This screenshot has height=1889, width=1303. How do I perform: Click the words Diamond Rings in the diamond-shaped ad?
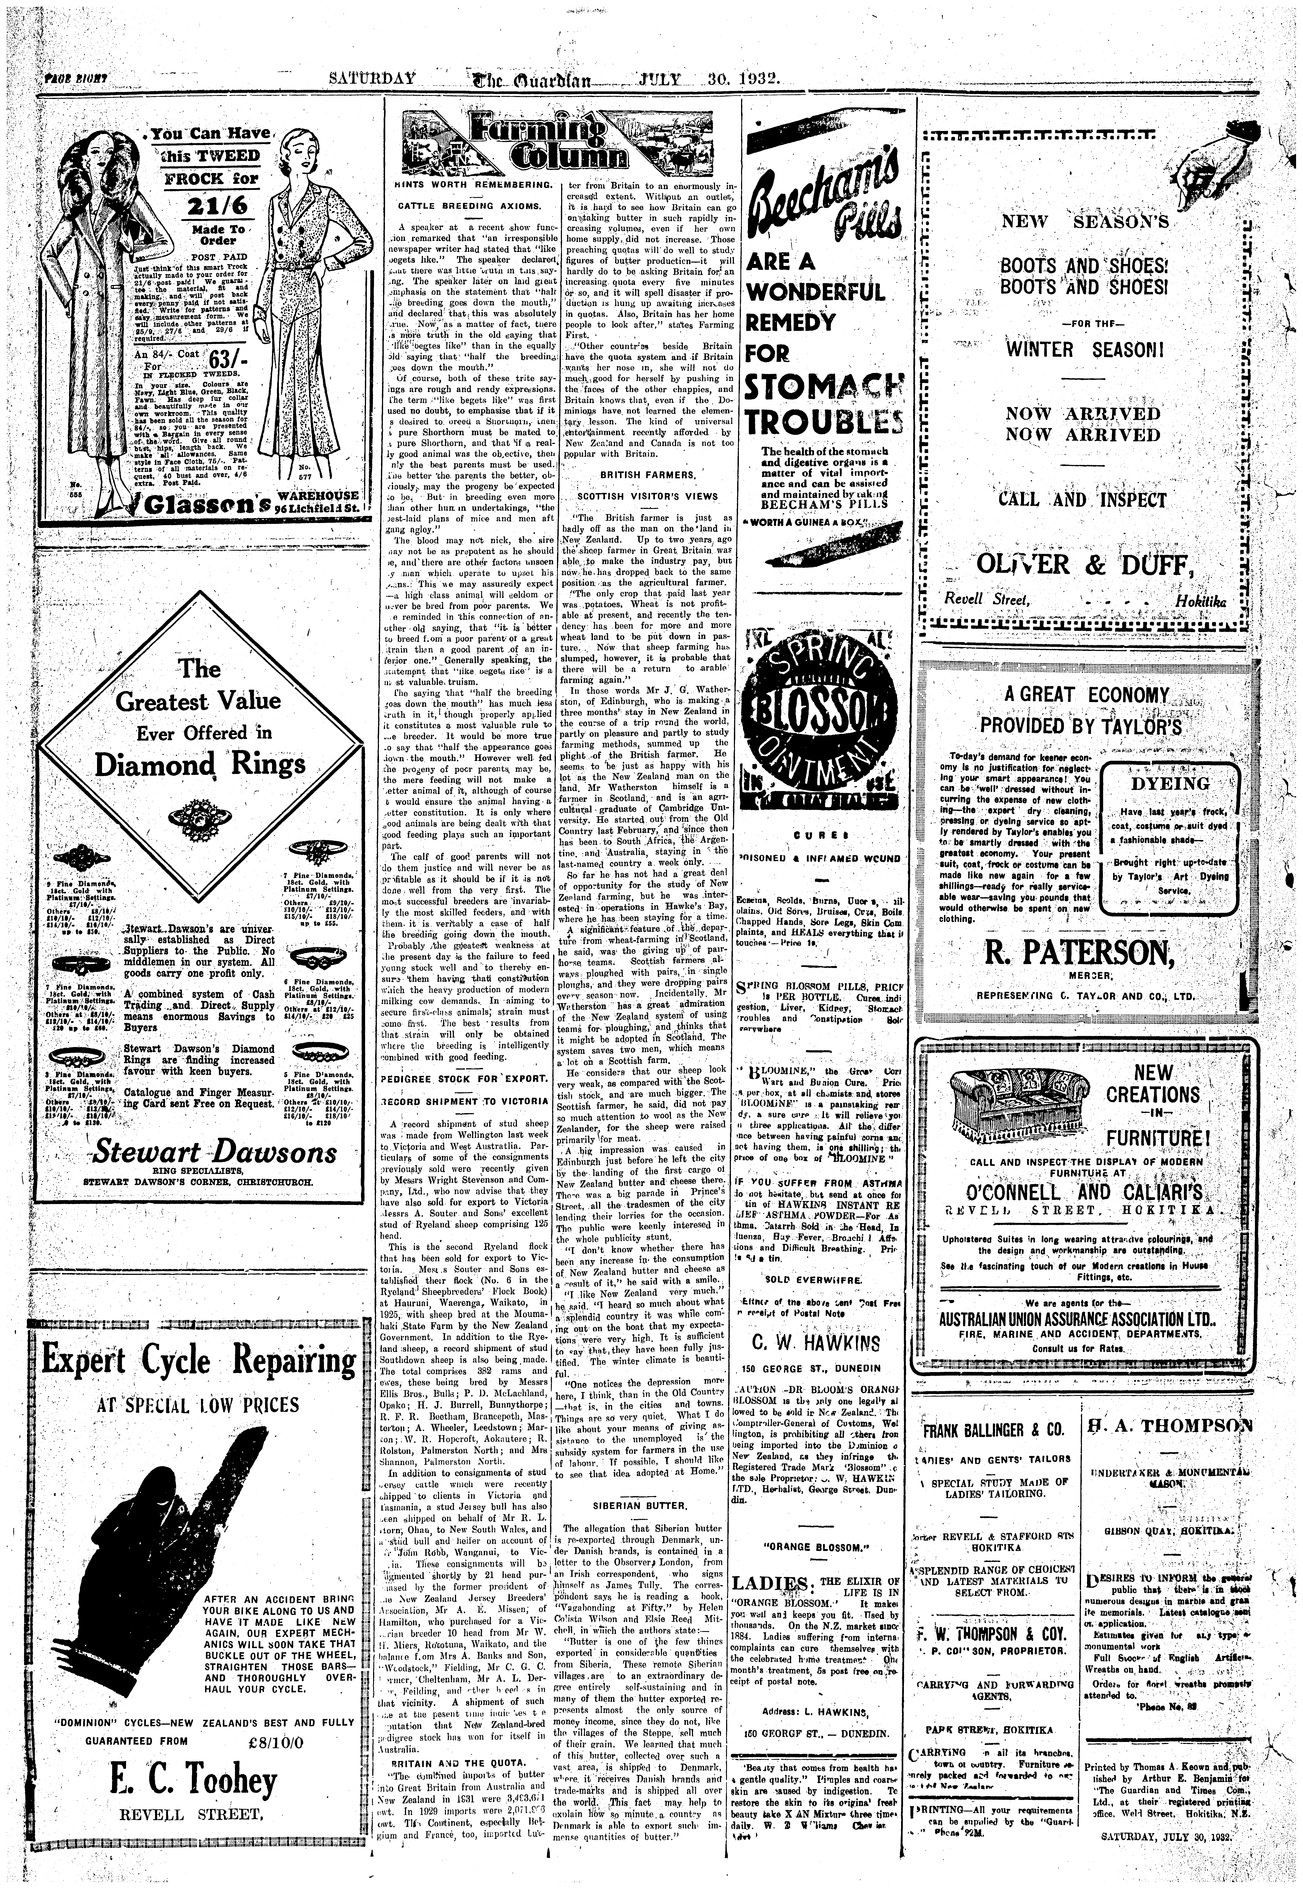coord(200,764)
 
